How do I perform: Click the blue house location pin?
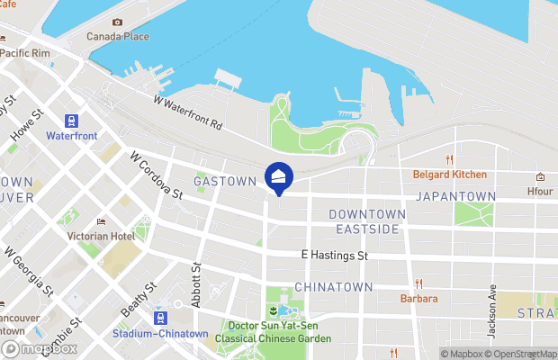(279, 177)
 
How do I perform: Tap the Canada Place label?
(117, 37)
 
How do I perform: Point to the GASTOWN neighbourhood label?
(225, 181)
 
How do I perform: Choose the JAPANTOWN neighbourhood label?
(455, 196)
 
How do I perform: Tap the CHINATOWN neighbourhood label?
(333, 287)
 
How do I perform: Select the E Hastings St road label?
(335, 256)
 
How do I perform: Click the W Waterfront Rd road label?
(188, 113)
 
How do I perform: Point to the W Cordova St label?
(156, 175)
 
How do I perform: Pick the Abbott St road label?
(196, 284)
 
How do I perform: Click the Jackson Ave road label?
(492, 311)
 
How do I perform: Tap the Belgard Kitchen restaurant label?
(450, 175)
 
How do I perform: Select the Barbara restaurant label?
(419, 299)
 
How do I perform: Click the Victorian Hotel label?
(102, 236)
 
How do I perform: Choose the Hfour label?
(540, 191)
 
